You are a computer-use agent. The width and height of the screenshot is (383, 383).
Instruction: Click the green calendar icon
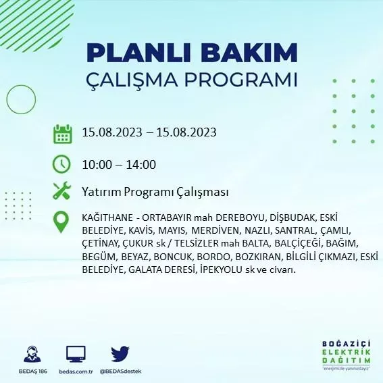click(63, 133)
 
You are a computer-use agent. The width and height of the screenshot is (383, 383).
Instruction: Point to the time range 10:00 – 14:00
click(119, 164)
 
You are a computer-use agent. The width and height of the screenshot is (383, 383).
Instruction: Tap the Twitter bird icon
click(120, 354)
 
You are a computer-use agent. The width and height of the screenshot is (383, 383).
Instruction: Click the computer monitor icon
click(76, 354)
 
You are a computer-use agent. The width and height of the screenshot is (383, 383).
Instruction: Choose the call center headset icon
click(31, 354)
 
